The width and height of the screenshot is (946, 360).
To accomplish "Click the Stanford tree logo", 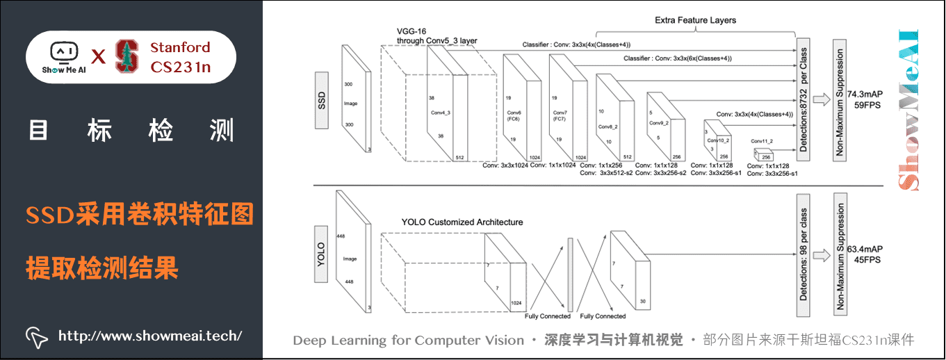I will point(127,56).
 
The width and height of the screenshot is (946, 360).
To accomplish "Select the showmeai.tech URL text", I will point(150,336).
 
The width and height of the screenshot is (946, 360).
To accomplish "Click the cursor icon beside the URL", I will point(36,336).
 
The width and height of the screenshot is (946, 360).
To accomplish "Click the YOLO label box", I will point(321,255).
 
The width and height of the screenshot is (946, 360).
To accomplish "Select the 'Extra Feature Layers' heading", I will point(695,20).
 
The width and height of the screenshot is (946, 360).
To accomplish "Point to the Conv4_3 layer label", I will point(441,113).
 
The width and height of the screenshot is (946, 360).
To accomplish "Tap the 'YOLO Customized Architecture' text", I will point(462,222).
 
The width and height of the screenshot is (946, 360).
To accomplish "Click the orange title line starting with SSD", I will point(139,216).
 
